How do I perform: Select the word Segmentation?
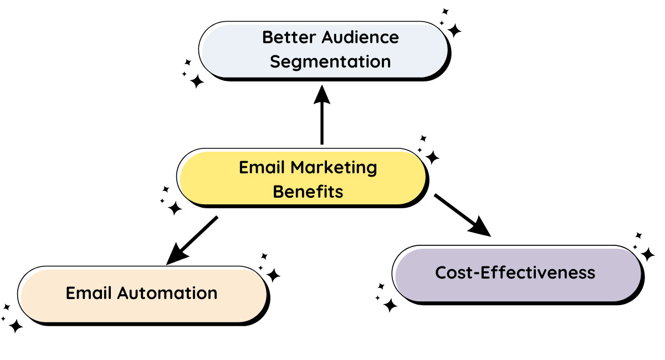click(330, 61)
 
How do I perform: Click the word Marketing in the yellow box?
click(334, 167)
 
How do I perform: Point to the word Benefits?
click(308, 192)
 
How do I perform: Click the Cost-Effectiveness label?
click(515, 272)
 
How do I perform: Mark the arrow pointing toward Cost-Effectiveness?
click(463, 215)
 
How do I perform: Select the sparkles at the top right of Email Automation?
click(269, 269)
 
